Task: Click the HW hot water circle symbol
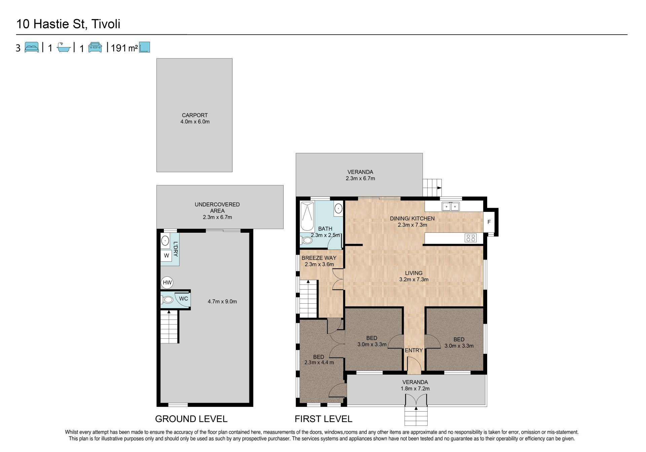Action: tap(167, 282)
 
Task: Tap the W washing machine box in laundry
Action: tap(166, 256)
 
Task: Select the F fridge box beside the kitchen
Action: tap(489, 222)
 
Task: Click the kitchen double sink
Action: tap(451, 206)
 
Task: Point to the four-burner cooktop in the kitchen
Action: tap(471, 238)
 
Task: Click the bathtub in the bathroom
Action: tap(307, 216)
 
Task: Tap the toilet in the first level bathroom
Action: tap(306, 240)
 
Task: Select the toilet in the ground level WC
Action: tap(167, 299)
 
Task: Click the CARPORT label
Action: tap(195, 115)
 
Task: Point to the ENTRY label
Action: tap(414, 350)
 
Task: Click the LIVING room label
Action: tap(414, 273)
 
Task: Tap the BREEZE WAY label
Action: tap(319, 258)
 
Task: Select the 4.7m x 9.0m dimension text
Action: tap(222, 302)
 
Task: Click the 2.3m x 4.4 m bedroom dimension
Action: tap(319, 363)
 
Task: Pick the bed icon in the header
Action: tap(32, 47)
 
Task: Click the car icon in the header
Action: tap(95, 47)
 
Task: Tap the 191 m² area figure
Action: tap(124, 48)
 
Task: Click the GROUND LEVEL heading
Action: tap(191, 419)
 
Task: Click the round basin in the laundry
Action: tap(165, 240)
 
